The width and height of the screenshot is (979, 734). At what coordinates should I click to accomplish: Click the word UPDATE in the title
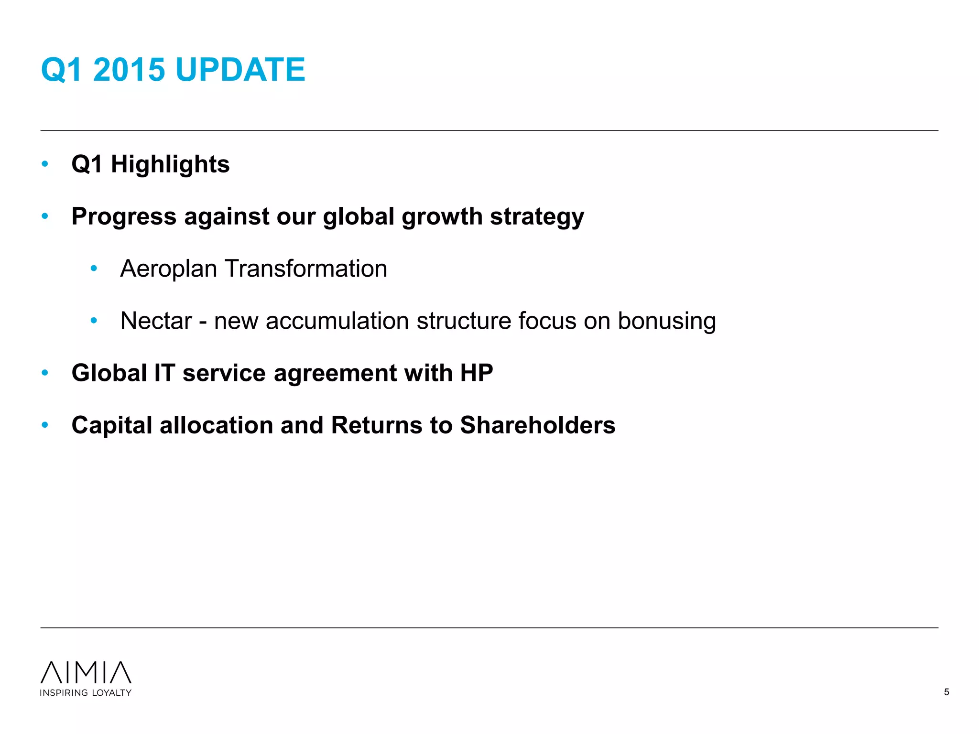point(240,70)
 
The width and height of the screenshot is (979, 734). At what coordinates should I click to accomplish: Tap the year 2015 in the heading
point(129,70)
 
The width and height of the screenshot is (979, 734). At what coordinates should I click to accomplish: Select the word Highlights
point(170,164)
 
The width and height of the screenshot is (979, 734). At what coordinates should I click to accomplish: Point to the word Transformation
point(306,269)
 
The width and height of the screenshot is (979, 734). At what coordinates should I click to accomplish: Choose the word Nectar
point(156,321)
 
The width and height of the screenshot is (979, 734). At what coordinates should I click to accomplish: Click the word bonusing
point(666,321)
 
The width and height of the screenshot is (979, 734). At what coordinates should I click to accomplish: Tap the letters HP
point(476,373)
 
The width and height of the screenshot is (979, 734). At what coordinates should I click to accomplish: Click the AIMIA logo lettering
point(86,672)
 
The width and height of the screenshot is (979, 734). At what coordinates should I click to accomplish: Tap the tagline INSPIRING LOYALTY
point(86,693)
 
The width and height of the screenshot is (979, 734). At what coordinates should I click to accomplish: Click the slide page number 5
point(946,692)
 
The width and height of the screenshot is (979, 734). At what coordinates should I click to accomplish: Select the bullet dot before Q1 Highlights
point(45,164)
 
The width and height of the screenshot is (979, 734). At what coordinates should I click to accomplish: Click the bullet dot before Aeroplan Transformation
point(94,269)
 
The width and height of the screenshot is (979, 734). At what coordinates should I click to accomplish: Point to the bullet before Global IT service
point(45,373)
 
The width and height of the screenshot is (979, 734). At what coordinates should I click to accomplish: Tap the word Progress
point(124,217)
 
